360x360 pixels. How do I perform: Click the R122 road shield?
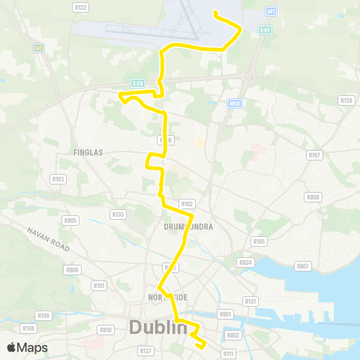81,7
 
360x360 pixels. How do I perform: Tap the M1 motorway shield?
271,11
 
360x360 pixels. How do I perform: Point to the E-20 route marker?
136,83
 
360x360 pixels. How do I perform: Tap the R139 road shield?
346,100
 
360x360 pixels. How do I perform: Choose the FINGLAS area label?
88,152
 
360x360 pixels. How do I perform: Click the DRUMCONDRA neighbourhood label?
188,226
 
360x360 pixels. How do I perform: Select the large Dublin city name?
158,328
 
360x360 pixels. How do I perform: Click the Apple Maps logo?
27,347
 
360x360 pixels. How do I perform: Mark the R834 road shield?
245,262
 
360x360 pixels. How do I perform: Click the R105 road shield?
259,241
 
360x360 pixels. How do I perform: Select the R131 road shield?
250,301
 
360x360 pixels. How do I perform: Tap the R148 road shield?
29,328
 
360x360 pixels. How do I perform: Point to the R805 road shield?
71,220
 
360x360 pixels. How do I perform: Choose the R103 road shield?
58,178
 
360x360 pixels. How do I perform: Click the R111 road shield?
229,353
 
